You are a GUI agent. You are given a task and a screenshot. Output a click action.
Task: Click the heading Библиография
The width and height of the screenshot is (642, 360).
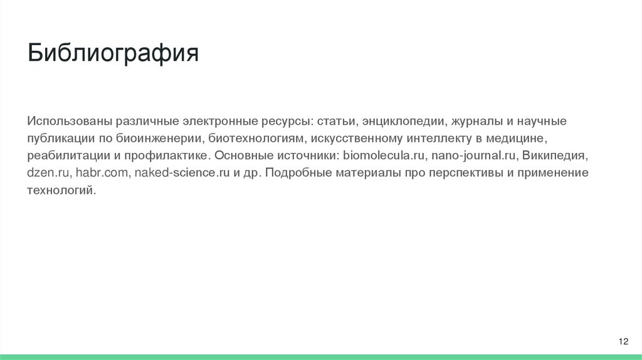113,53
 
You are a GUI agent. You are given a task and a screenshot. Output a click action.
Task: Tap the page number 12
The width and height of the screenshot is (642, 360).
623,341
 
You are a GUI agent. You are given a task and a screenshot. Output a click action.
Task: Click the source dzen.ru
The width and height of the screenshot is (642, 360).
45,172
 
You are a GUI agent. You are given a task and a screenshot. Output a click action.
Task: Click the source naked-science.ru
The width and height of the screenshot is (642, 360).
182,172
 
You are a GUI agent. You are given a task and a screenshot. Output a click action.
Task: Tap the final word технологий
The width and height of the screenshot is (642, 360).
61,189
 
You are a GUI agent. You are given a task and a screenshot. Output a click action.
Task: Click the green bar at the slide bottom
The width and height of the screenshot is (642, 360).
321,357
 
